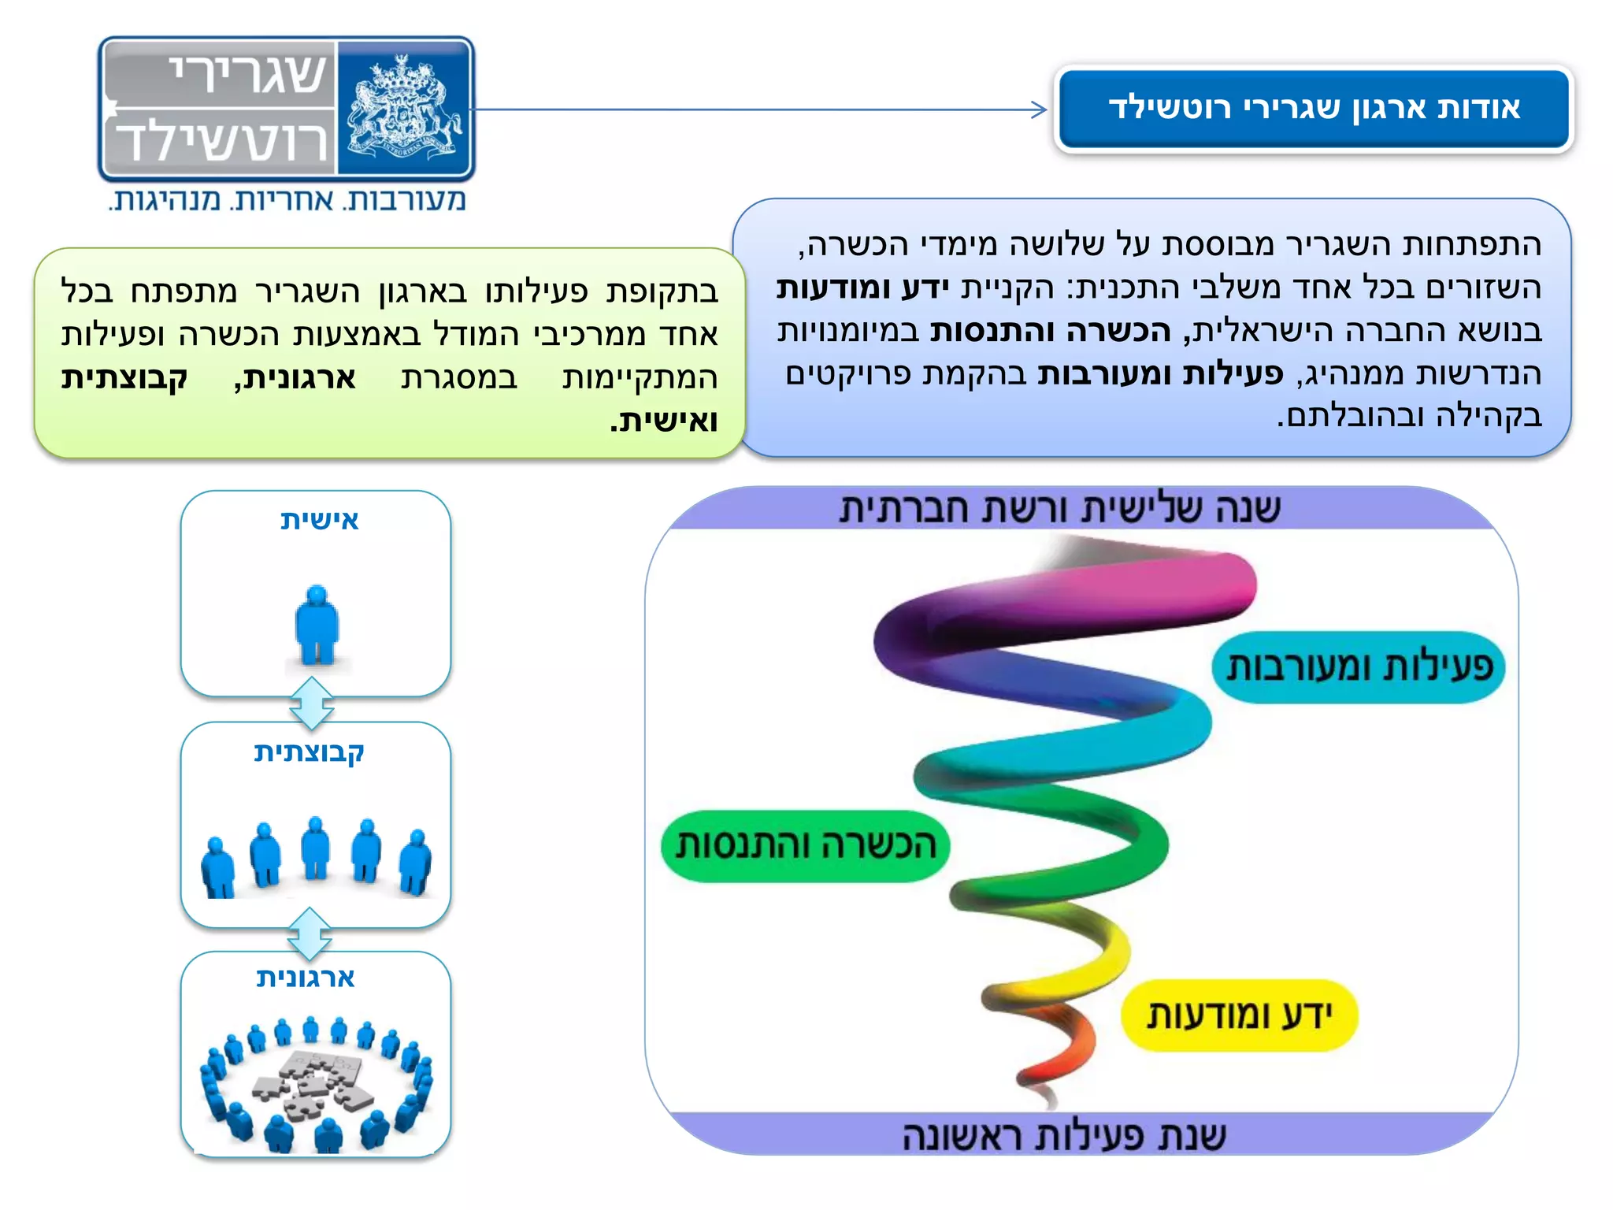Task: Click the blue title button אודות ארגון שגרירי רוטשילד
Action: click(x=1313, y=108)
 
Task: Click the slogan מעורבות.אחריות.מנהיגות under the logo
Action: click(x=287, y=200)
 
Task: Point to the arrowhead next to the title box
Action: click(x=1040, y=110)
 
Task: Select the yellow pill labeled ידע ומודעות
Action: click(x=1239, y=1015)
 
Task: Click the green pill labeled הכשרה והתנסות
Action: click(x=805, y=846)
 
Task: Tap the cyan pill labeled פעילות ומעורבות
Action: click(x=1358, y=667)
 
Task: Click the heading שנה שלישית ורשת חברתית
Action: click(x=1059, y=509)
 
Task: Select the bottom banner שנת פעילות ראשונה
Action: click(x=1063, y=1135)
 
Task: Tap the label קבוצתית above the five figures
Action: click(x=309, y=752)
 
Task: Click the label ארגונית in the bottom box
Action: click(x=306, y=978)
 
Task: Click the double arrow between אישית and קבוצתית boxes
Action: click(x=312, y=703)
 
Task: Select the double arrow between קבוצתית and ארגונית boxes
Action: click(x=310, y=933)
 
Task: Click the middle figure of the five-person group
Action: click(x=316, y=848)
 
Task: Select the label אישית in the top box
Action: click(x=319, y=520)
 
